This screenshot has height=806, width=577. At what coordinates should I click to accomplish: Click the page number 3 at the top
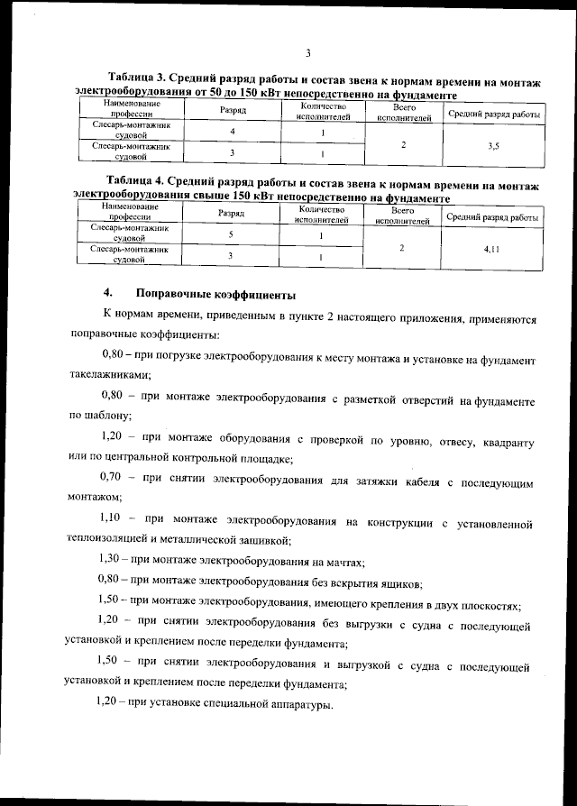click(x=308, y=54)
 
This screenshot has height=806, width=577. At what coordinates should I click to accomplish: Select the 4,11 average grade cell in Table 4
click(x=491, y=248)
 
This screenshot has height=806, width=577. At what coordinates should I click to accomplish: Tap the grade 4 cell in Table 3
click(x=234, y=133)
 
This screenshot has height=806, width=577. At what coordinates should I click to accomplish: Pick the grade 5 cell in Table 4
click(x=231, y=234)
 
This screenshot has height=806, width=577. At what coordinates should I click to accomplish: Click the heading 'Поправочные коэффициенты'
click(x=215, y=294)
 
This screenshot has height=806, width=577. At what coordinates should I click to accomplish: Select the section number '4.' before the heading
click(x=109, y=294)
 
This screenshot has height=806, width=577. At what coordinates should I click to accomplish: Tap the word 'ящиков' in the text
click(x=403, y=582)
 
